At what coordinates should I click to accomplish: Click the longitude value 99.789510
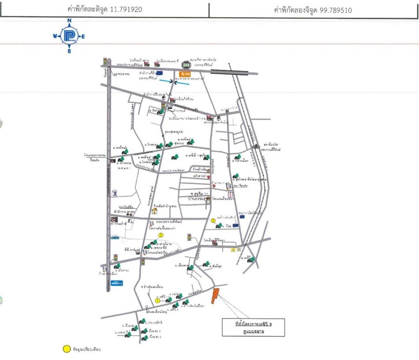click(334, 10)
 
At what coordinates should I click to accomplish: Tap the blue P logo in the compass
click(69, 36)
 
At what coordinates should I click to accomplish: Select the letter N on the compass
click(69, 21)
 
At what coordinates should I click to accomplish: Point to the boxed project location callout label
click(253, 327)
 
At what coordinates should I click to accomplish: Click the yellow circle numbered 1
click(157, 300)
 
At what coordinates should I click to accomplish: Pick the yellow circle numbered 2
click(161, 236)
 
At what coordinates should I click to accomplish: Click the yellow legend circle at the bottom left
click(66, 349)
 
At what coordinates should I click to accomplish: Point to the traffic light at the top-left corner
click(105, 61)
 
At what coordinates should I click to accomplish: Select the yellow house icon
click(155, 211)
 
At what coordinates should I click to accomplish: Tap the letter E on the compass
click(83, 37)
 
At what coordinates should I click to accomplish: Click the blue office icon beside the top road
click(160, 73)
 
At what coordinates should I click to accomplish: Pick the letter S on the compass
click(69, 51)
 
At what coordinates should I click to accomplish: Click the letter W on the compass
click(55, 37)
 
